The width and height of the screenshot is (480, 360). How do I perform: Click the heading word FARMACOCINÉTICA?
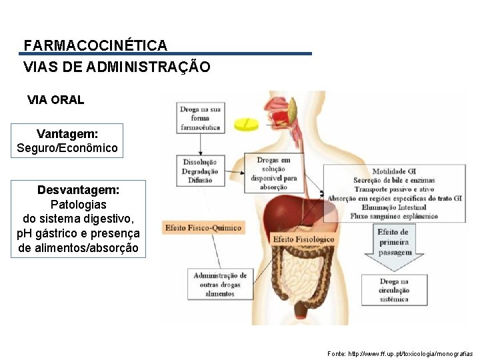[95, 45]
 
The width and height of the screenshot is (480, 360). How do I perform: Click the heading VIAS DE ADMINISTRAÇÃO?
[117, 67]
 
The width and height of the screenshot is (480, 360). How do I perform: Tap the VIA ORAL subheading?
[56, 100]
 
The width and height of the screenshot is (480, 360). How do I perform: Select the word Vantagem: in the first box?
[67, 133]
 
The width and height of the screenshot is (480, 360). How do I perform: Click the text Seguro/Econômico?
[67, 147]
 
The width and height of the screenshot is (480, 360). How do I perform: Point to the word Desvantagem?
[79, 190]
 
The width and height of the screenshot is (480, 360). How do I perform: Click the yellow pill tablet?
[245, 123]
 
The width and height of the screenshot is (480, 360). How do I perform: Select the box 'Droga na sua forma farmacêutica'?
[201, 117]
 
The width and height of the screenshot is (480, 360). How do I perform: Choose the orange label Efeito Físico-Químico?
[203, 228]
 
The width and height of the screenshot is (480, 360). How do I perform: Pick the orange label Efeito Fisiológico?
[303, 239]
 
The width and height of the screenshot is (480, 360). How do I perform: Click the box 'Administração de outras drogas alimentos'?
[220, 285]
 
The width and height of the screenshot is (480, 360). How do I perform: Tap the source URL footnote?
[400, 353]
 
